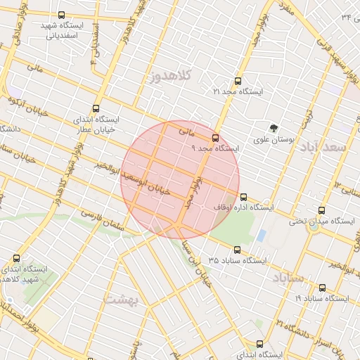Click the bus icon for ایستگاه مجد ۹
pos(215,138)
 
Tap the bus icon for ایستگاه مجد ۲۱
pos(237,81)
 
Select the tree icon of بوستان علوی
pos(272,127)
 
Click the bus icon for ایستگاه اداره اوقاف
pos(243,197)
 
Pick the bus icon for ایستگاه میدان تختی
pos(322,210)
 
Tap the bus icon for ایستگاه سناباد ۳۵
pos(236,250)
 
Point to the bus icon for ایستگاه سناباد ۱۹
pos(322,288)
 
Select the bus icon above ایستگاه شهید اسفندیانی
pos(61,15)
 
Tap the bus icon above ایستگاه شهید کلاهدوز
pos(16,259)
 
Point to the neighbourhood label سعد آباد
pos(322,148)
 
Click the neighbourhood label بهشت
pos(123,300)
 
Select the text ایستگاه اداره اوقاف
pos(249,208)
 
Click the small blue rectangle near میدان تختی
pos(261,235)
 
